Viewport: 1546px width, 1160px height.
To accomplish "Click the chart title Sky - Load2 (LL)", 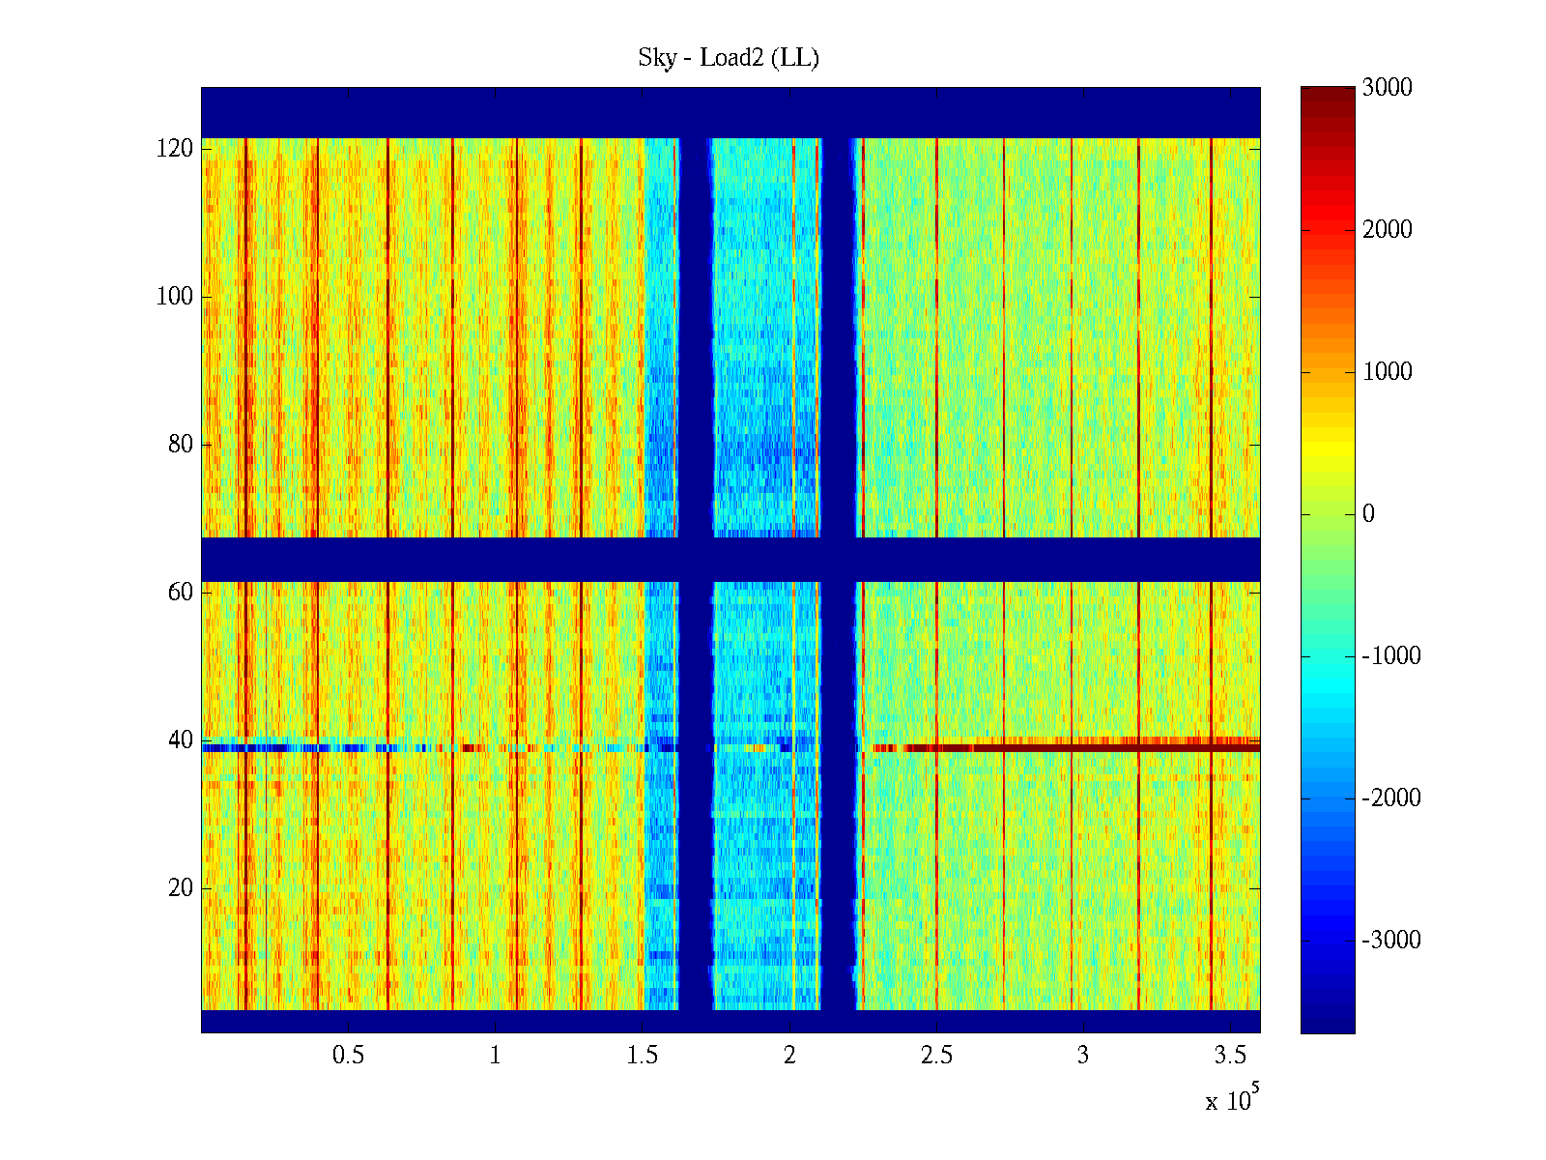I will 729,58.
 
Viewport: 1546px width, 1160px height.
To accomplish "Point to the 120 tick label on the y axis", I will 175,149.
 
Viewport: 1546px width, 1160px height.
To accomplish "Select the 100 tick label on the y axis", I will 175,297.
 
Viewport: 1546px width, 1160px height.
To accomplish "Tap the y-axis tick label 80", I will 181,445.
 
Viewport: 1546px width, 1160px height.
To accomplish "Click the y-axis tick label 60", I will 181,592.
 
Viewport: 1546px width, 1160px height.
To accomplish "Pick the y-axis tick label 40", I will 181,740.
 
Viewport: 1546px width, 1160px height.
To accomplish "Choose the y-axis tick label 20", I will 181,887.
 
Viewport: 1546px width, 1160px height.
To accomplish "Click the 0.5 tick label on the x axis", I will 348,1056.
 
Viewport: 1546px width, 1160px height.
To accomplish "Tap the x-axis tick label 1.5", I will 643,1056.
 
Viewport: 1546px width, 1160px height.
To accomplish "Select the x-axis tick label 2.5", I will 936,1056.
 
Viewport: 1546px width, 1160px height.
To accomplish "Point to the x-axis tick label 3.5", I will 1230,1056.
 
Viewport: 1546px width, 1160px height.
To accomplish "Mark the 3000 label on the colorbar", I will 1387,88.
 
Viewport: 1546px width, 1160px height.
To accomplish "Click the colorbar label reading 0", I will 1368,514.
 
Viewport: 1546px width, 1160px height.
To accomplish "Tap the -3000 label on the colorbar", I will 1391,941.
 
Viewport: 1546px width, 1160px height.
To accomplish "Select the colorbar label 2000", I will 1387,230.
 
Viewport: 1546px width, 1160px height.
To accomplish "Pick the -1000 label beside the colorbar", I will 1391,656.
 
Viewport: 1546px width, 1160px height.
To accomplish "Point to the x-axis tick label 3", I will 1083,1056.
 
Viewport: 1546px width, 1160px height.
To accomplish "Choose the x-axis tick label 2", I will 789,1056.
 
